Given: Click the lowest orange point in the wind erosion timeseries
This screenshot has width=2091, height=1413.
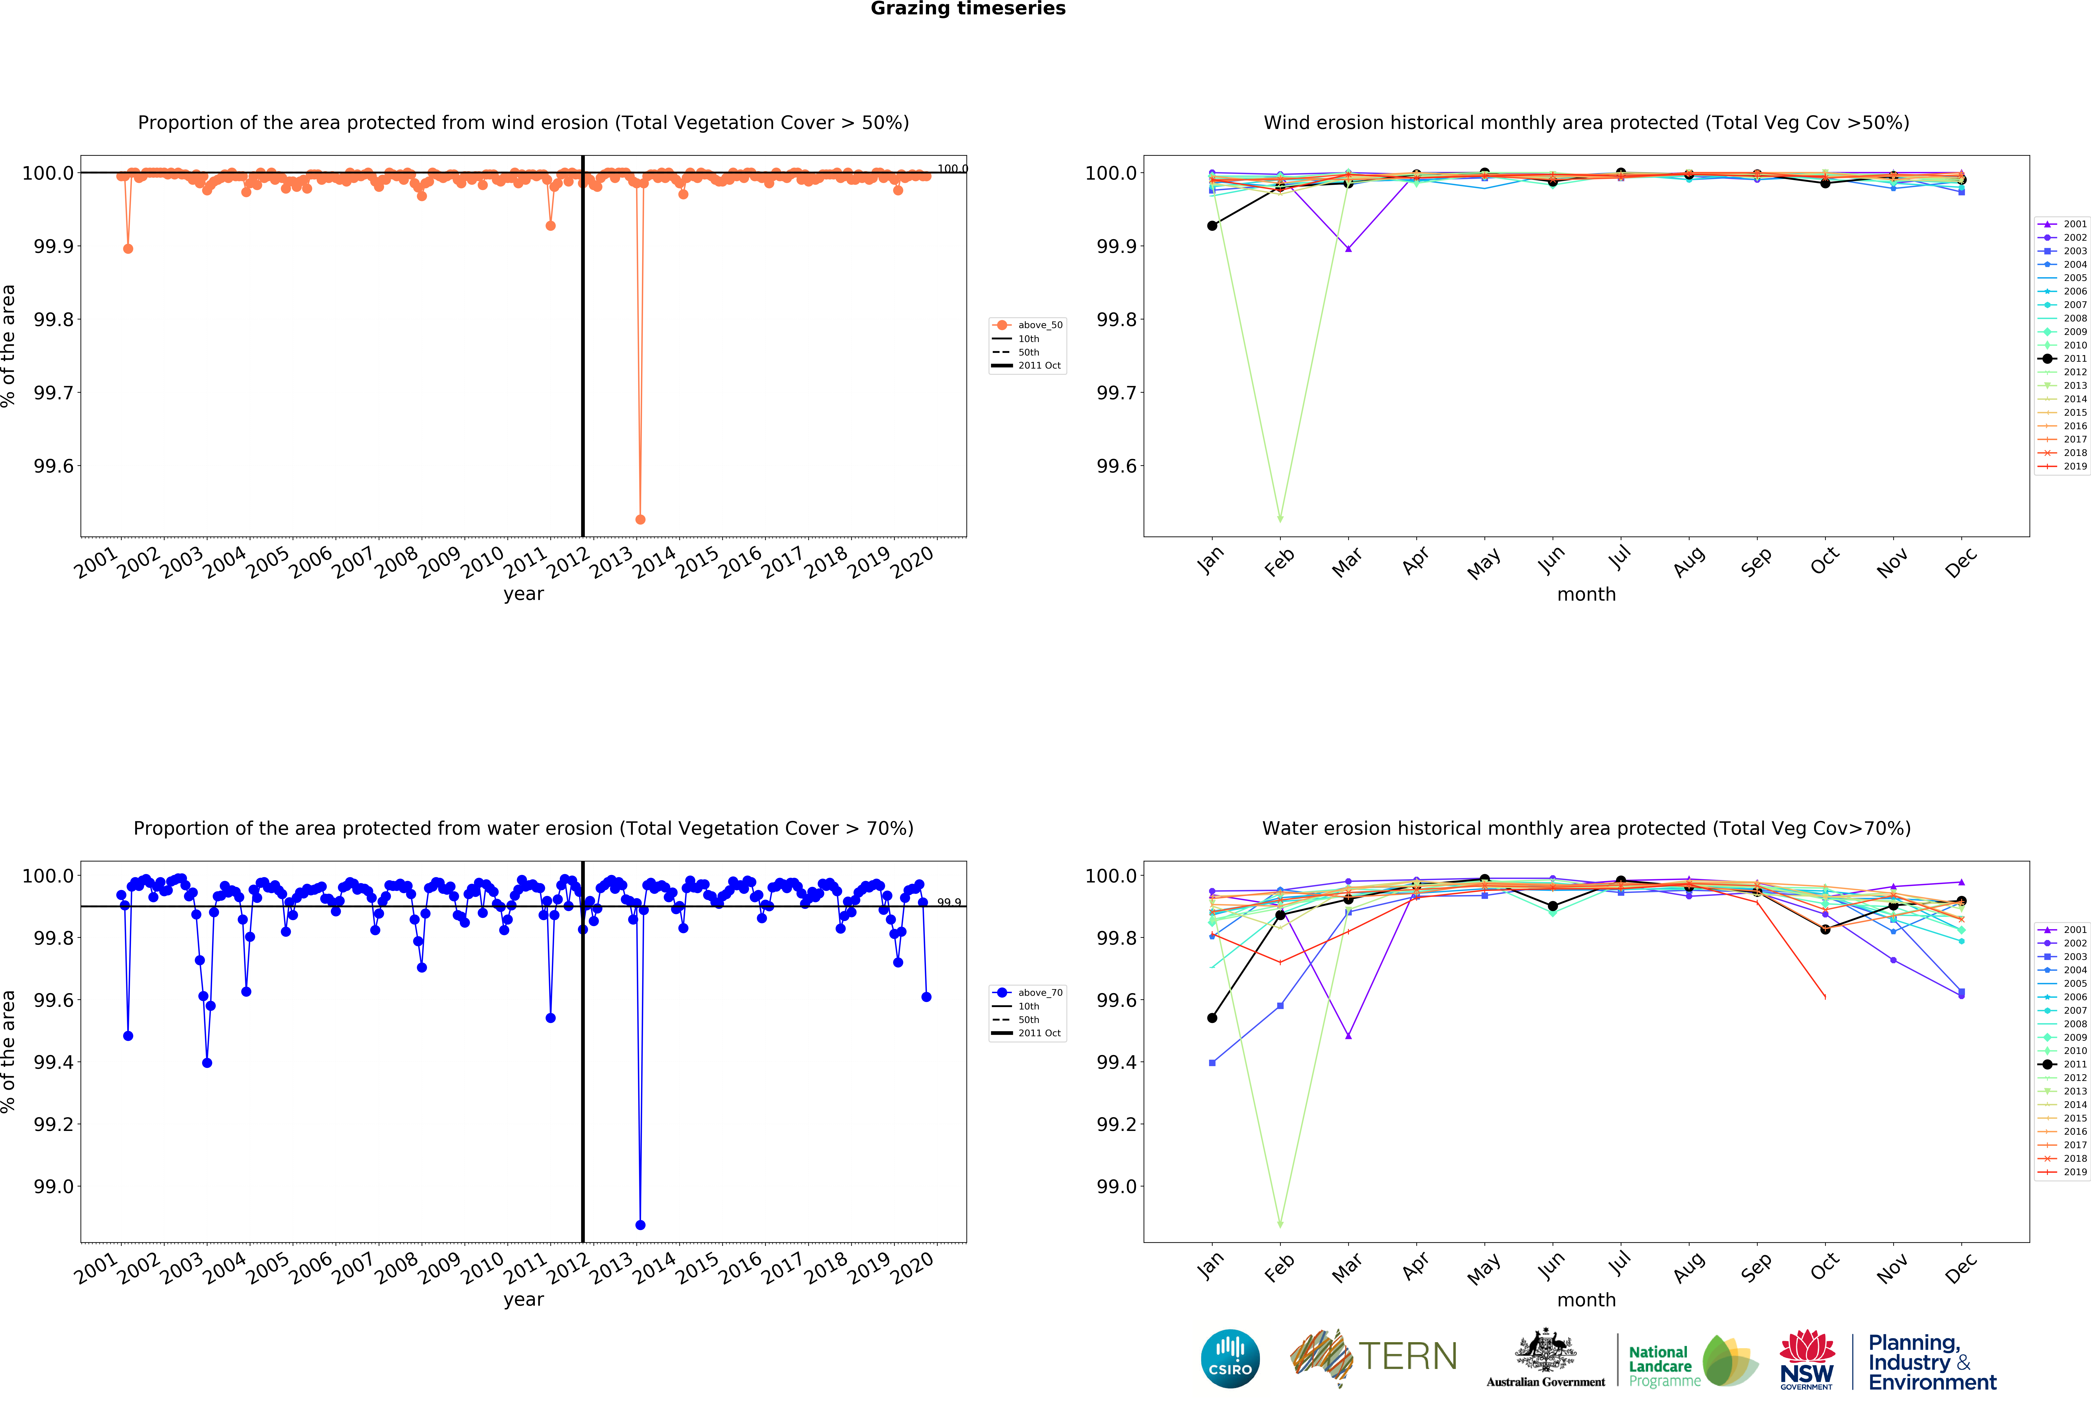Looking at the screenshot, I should (x=640, y=519).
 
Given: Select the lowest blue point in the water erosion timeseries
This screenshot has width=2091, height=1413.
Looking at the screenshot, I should (x=640, y=1225).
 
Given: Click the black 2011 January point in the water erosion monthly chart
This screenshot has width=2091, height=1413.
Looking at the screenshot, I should (x=1212, y=1018).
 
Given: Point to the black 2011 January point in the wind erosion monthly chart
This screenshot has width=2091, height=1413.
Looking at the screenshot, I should (x=1212, y=226).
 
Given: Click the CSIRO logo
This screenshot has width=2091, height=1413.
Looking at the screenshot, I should (x=1230, y=1359).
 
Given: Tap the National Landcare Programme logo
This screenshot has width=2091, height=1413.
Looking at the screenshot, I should (x=1692, y=1361).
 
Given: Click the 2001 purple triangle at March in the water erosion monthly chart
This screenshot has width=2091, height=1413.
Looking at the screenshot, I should (x=1348, y=1036).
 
